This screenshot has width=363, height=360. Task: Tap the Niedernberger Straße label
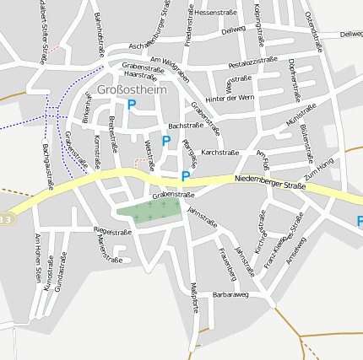coord(270,180)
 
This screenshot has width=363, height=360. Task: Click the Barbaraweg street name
coord(230,295)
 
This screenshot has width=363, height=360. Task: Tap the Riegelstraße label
coord(111,231)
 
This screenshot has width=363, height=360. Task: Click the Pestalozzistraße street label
coord(252,62)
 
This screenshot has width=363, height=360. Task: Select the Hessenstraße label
coord(215,13)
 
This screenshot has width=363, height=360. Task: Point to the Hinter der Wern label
coord(230,98)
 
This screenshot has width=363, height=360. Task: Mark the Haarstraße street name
coord(140,75)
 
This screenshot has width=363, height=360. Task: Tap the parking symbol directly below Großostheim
coord(131,105)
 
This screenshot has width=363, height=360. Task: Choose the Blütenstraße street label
coord(307,140)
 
